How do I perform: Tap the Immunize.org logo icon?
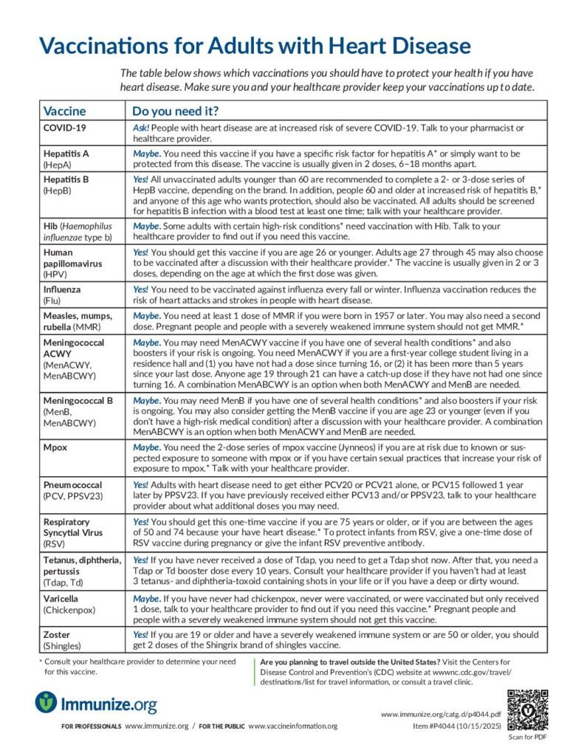click(x=46, y=702)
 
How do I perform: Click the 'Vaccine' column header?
click(x=65, y=111)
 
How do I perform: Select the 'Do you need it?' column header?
click(x=174, y=111)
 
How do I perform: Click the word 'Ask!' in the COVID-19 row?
click(x=141, y=128)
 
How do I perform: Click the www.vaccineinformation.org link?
click(x=292, y=726)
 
